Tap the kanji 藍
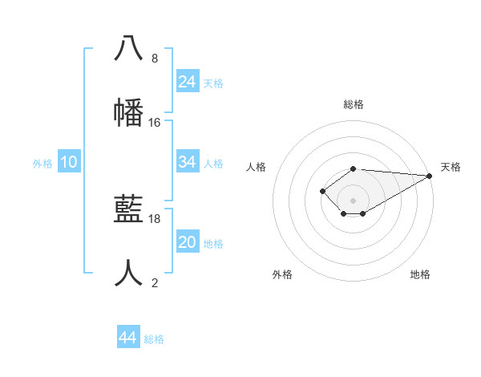pos(128,210)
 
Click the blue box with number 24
pos(188,82)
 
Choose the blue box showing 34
pos(188,162)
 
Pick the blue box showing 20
pos(188,242)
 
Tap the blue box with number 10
pos(69,162)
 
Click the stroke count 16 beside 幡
pos(155,123)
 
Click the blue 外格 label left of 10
pos(42,164)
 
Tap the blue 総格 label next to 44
pos(154,339)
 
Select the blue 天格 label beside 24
pos(213,83)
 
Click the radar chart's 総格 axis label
pos(354,104)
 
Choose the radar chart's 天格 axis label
pos(451,167)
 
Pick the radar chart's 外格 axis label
pos(282,274)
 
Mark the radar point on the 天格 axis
pos(429,176)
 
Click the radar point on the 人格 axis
pos(322,191)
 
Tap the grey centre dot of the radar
pos(354,201)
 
